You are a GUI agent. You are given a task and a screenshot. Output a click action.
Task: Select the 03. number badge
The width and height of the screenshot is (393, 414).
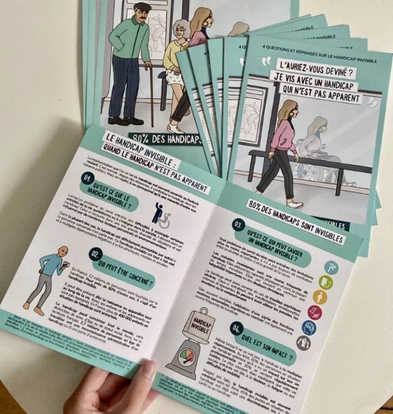click(238, 225)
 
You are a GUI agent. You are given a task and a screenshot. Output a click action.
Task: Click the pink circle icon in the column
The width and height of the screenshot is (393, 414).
click(315, 312)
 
